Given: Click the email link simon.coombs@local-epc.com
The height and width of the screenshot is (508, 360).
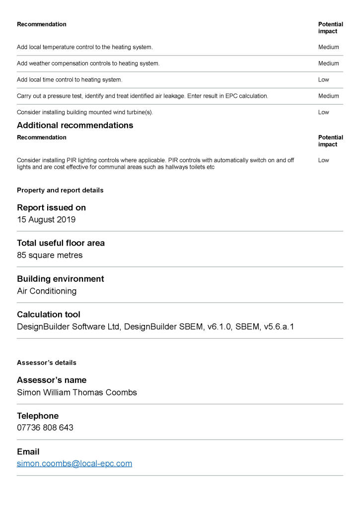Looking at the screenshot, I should [x=74, y=464].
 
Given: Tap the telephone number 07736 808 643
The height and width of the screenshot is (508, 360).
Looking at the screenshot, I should [x=45, y=428].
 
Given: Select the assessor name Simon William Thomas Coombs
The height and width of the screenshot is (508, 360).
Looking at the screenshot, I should [x=77, y=392].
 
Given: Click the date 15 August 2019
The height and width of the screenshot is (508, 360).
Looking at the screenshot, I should [x=46, y=220].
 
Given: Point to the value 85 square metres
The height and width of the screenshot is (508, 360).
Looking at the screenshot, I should [x=50, y=255].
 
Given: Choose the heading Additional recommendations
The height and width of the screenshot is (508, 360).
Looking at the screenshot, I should [x=75, y=125].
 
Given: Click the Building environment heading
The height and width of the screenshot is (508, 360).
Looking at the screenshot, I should [x=61, y=279].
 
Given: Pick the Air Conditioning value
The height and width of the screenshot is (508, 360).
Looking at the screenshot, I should [x=47, y=291].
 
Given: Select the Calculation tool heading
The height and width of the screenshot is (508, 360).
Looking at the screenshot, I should [x=49, y=315].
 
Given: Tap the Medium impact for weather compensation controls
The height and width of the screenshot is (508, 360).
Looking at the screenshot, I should [x=328, y=63].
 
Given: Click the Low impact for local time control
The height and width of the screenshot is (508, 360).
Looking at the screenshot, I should [x=323, y=80].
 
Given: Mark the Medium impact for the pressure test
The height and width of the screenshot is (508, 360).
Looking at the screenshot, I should [x=328, y=96].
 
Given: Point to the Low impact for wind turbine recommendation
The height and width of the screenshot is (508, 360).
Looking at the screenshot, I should [x=323, y=112].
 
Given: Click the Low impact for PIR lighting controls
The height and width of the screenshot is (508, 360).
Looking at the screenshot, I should [x=323, y=160].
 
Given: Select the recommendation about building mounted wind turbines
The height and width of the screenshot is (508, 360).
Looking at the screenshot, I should [x=85, y=112].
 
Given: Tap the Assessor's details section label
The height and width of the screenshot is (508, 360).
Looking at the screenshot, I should [x=47, y=363].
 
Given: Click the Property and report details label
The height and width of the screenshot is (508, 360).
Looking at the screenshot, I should [x=60, y=190].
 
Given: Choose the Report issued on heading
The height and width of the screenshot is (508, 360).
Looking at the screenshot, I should [x=51, y=207].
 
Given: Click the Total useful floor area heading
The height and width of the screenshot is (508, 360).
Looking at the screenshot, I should [x=61, y=243].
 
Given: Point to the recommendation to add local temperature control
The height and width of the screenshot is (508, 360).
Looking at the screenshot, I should [x=84, y=47].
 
